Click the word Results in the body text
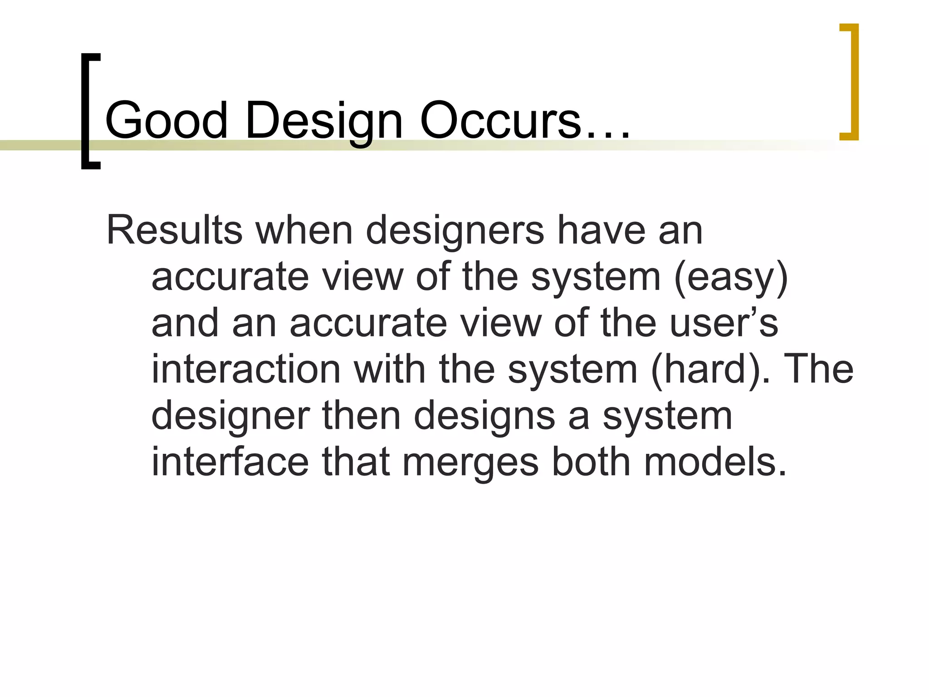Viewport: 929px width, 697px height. (x=175, y=231)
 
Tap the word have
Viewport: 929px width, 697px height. (x=601, y=231)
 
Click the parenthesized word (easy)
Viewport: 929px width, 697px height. (x=731, y=278)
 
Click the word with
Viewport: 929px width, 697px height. (x=390, y=369)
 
